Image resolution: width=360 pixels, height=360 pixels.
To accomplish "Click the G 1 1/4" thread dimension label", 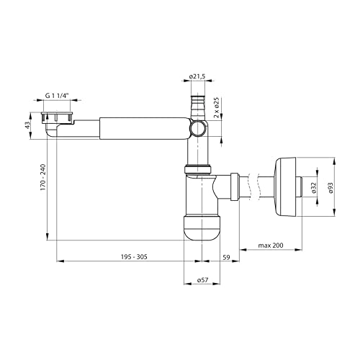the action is click(x=57, y=96).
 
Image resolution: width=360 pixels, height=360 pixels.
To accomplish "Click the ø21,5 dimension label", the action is click(x=197, y=76).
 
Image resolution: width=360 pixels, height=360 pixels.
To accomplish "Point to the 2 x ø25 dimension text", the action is click(x=217, y=107).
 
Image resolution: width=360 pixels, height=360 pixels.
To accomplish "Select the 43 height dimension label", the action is click(x=28, y=125).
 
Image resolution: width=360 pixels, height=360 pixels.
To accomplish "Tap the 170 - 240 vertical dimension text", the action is click(x=43, y=177).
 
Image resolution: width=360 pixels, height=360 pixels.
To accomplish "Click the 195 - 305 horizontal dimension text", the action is click(x=134, y=257).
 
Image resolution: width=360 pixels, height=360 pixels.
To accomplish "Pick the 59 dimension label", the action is click(x=226, y=258).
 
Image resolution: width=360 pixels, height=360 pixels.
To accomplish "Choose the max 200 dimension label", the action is click(x=271, y=246).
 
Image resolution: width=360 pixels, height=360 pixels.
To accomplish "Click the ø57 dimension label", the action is click(x=202, y=280).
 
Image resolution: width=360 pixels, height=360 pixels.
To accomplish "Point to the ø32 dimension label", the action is click(x=314, y=188).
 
